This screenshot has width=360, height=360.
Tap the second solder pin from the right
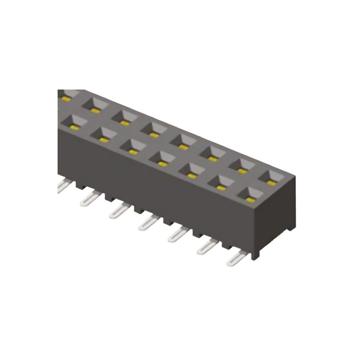(x=206, y=246)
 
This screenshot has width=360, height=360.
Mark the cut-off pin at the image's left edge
(x=62, y=185)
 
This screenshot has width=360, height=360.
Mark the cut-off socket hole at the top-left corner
(x=65, y=95)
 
